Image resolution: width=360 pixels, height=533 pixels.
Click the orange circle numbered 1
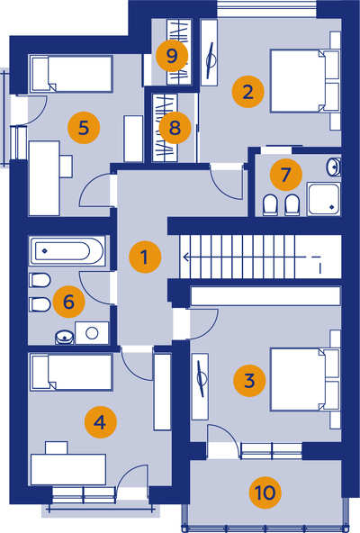pos(145,257)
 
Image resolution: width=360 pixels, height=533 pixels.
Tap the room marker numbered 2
pos(248,92)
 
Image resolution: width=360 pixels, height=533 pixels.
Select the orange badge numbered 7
pos(286,175)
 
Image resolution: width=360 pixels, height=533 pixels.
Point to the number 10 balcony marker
pos(265,492)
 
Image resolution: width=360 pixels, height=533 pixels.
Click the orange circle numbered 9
pos(172,56)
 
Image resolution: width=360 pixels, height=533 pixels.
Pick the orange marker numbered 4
pos(101,422)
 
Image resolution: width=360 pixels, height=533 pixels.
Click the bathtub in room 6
pos(67,251)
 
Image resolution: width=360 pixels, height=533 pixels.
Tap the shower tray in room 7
pos(324,199)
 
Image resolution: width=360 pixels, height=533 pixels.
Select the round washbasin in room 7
pos(334,167)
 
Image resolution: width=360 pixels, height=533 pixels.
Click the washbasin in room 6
pos(64,338)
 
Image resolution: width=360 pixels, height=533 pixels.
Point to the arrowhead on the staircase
pos(186,257)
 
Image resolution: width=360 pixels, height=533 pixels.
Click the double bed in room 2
pos(305,81)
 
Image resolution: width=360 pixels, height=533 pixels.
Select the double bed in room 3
pos(305,379)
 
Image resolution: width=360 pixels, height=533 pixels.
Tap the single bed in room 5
pos(71,74)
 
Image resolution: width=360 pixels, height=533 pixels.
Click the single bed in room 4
pos(71,372)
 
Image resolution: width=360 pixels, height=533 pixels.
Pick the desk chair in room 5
pos(67,167)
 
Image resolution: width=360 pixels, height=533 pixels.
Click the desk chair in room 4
pos(57,447)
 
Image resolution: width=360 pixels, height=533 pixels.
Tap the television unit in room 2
pos(209,53)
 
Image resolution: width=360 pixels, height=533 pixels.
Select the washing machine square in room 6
pos(92,333)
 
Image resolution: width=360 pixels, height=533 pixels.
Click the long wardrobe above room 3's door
pos(265,296)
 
